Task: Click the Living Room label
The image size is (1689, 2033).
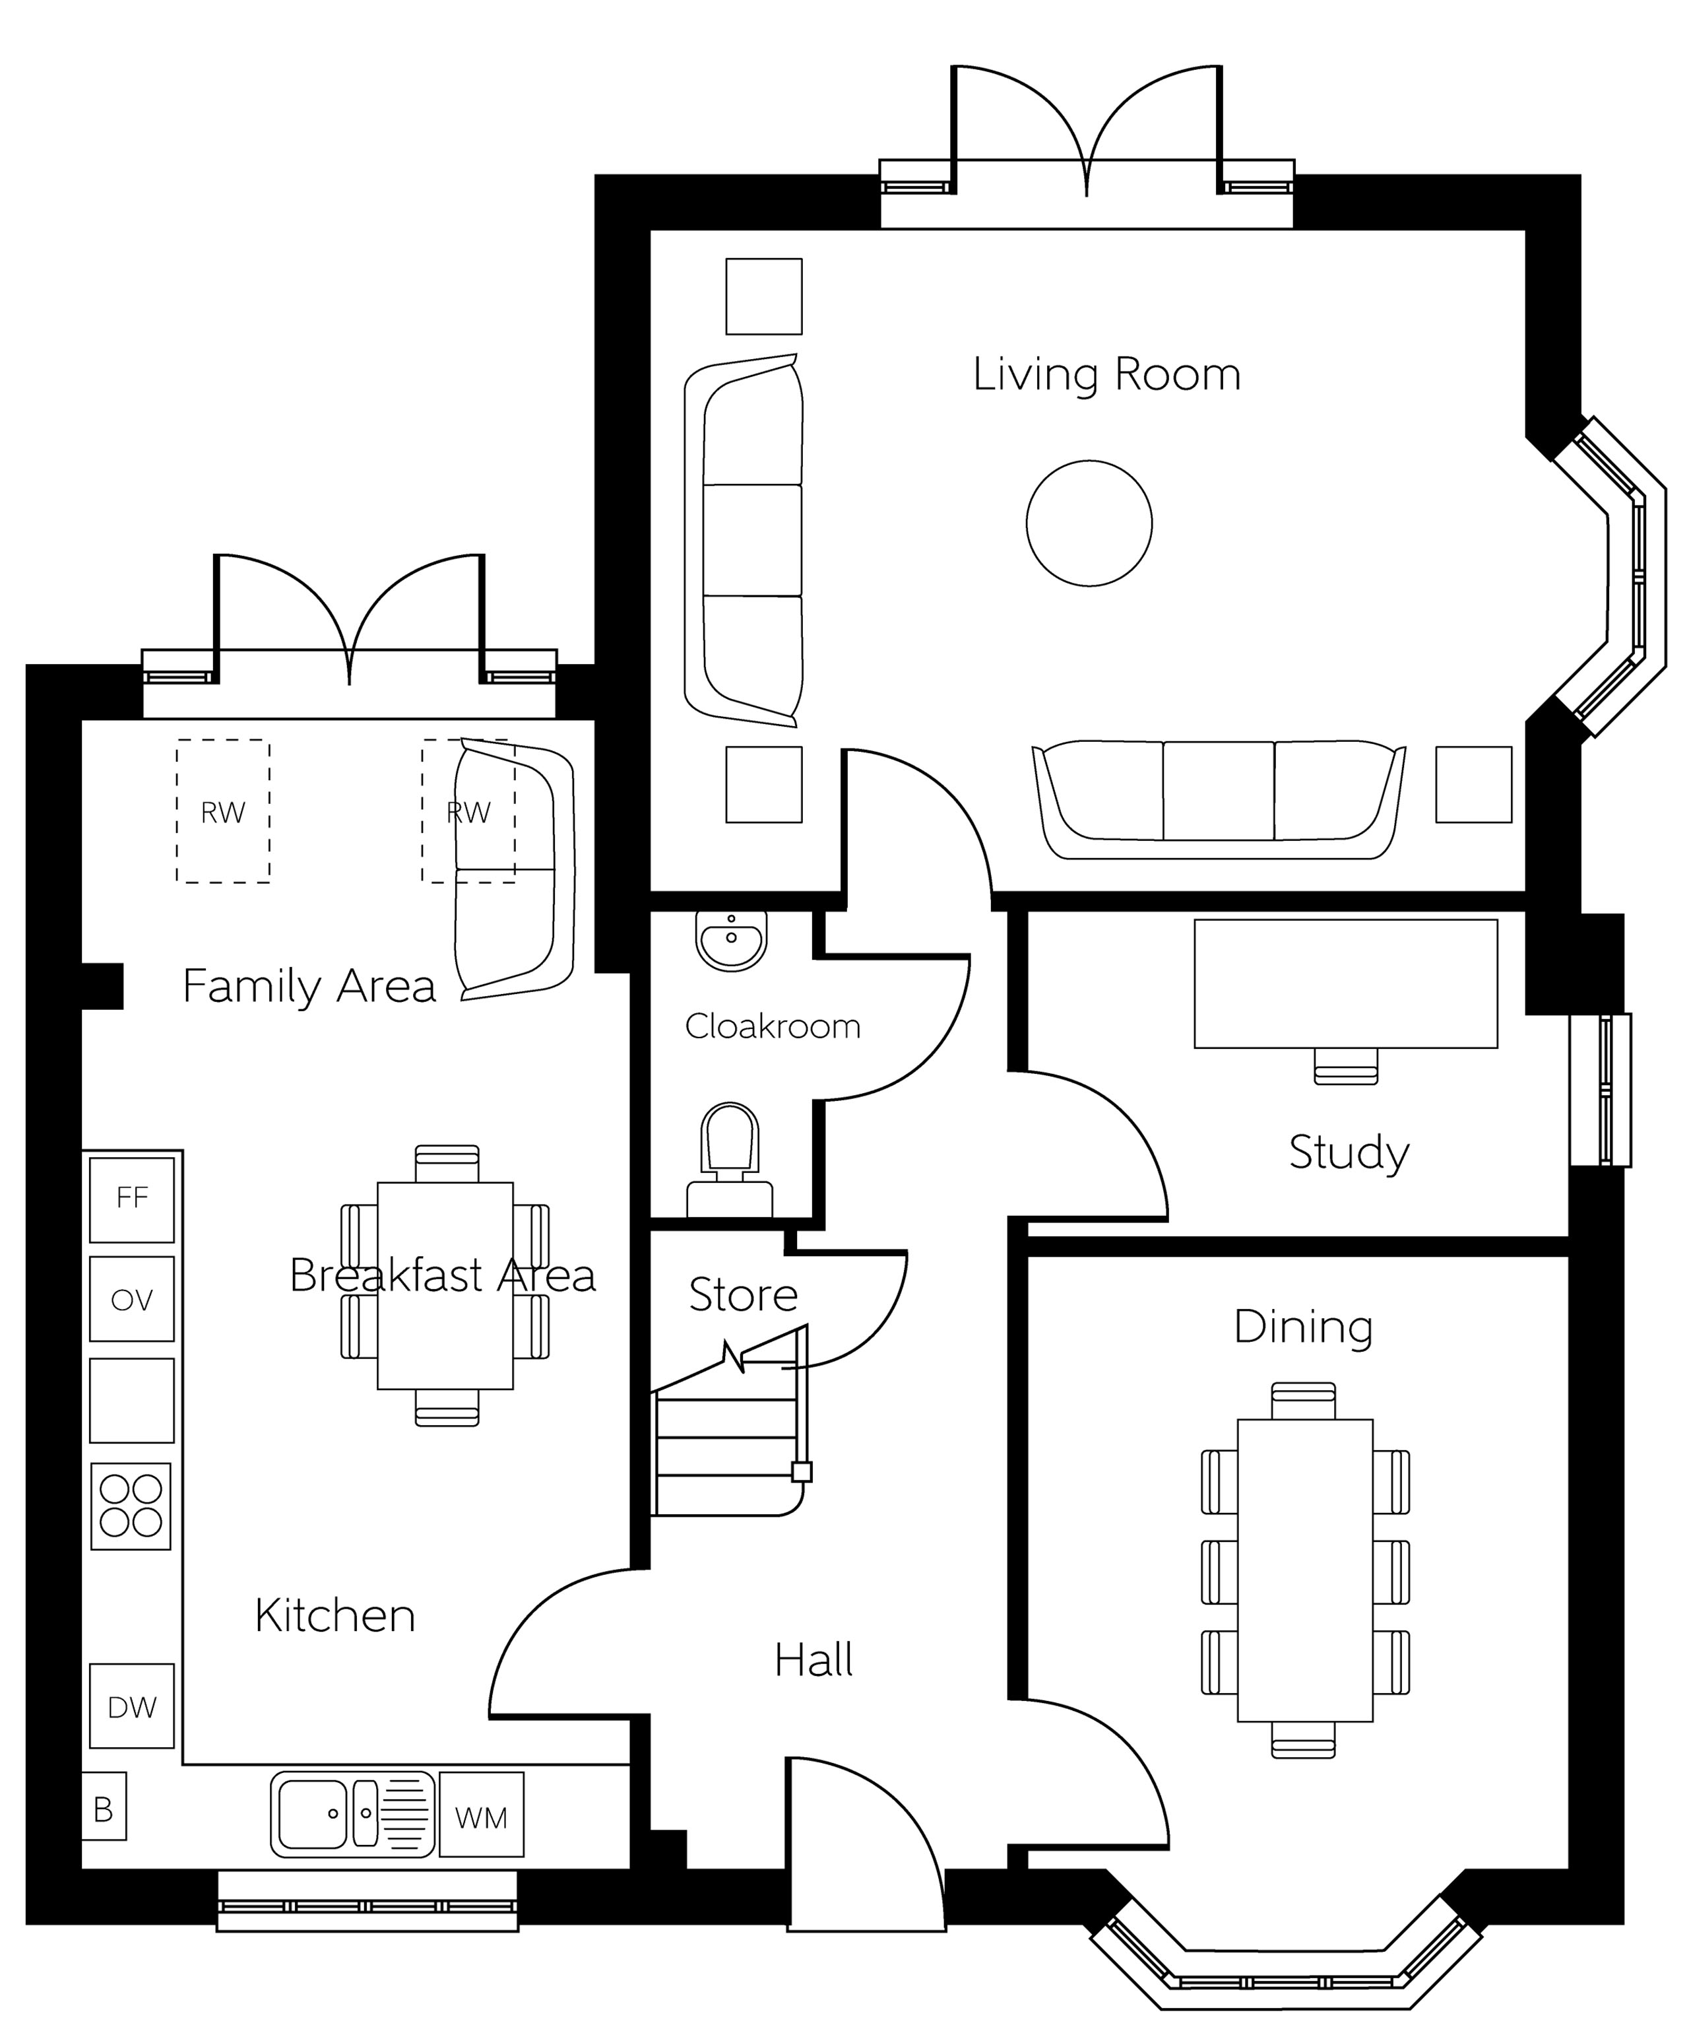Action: (1106, 375)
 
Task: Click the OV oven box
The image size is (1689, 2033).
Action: (132, 1299)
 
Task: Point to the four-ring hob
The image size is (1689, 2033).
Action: (131, 1506)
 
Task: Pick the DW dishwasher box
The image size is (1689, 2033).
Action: (132, 1706)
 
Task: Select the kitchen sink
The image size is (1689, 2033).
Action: (352, 1815)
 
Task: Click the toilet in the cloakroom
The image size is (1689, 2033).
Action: (730, 1159)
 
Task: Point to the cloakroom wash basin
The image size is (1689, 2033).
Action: (731, 940)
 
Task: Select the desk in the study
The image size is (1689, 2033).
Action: (1345, 983)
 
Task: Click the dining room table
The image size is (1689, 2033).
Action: (1305, 1570)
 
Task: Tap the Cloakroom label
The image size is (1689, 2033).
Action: (773, 1026)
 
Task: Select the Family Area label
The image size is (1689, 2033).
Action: (309, 987)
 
